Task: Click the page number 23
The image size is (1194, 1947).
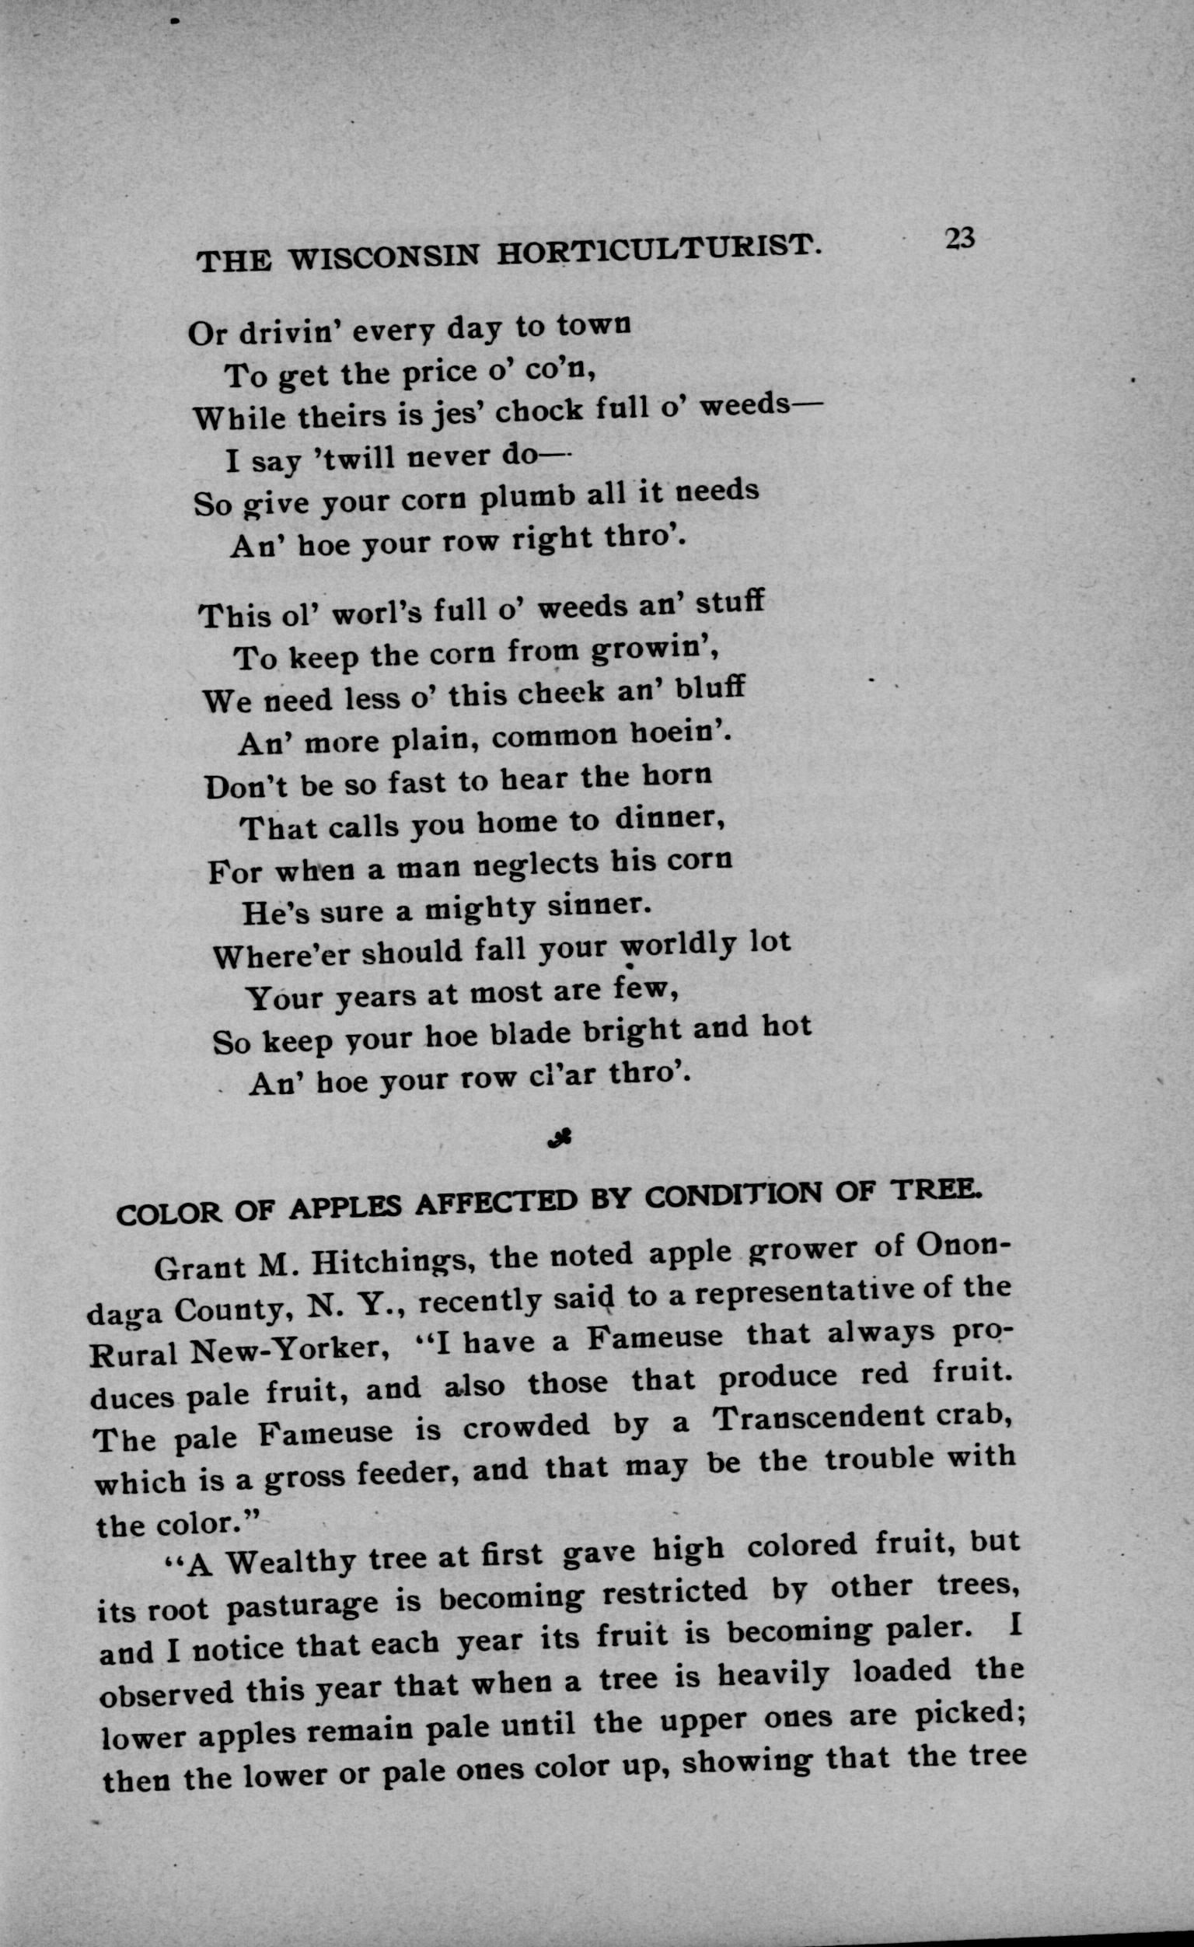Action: point(959,239)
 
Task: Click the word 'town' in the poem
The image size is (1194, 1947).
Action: point(593,325)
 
